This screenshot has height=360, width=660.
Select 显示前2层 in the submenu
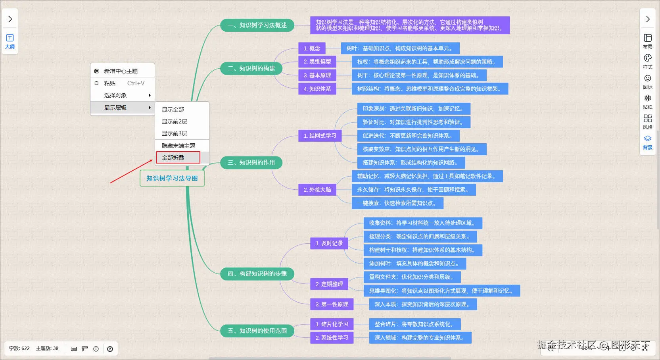pyautogui.click(x=175, y=121)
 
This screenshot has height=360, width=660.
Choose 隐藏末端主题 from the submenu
pyautogui.click(x=178, y=146)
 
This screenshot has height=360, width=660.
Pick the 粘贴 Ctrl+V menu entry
pyautogui.click(x=122, y=83)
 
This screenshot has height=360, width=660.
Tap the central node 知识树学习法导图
pyautogui.click(x=172, y=178)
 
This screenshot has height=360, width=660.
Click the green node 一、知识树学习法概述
pyautogui.click(x=257, y=25)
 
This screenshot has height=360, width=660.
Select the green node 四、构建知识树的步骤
pyautogui.click(x=257, y=273)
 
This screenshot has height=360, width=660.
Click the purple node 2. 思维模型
pyautogui.click(x=317, y=62)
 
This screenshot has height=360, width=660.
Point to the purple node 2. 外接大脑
pyautogui.click(x=317, y=190)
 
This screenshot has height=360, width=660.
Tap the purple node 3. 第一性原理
pyautogui.click(x=332, y=304)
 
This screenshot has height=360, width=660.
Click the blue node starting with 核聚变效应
pyautogui.click(x=422, y=149)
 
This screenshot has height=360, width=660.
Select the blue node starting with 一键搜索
pyautogui.click(x=397, y=203)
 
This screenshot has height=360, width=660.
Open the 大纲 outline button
pyautogui.click(x=10, y=42)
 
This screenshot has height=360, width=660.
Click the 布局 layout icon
pyautogui.click(x=648, y=41)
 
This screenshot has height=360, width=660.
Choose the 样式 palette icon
pyautogui.click(x=648, y=62)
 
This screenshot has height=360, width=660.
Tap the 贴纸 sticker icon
pyautogui.click(x=648, y=102)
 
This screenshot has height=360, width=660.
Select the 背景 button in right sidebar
pyautogui.click(x=648, y=142)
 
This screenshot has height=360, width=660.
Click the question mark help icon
pyautogui.click(x=110, y=349)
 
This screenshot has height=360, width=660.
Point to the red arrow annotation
pyautogui.click(x=131, y=171)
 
